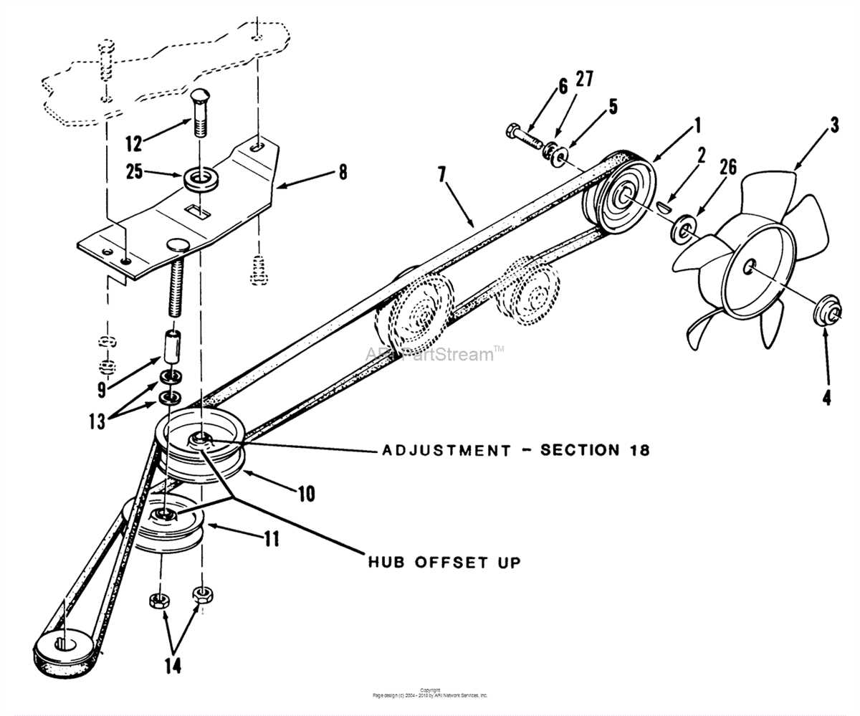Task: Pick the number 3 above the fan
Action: (x=834, y=125)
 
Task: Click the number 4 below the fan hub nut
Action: (x=826, y=396)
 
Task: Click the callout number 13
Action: (x=97, y=421)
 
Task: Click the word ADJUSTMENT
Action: (x=446, y=451)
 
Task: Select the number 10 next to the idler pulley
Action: (x=306, y=494)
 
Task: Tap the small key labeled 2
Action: (x=663, y=206)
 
